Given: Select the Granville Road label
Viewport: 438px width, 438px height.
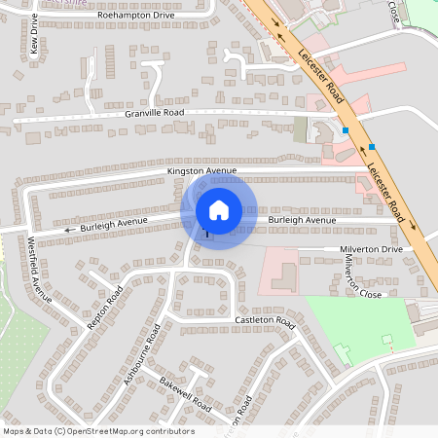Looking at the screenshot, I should (154, 113).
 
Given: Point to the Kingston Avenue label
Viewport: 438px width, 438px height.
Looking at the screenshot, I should (202, 171).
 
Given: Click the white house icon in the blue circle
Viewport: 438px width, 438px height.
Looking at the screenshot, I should (219, 209).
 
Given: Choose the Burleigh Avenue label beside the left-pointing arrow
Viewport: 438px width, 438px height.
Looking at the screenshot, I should (113, 225).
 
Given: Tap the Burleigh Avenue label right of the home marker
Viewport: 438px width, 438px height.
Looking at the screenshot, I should (302, 221).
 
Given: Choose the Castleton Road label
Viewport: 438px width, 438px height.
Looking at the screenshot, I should (264, 320).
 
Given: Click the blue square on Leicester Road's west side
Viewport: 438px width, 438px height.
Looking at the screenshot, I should (346, 129).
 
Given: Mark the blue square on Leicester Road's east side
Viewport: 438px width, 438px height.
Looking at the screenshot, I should (372, 147).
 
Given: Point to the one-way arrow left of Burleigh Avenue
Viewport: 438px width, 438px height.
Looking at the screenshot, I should (68, 231).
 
